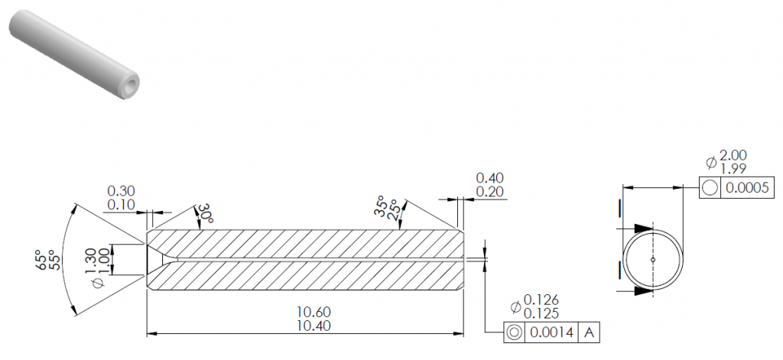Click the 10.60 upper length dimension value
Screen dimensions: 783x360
pos(314,312)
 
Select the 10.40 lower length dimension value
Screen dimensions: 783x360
pos(314,326)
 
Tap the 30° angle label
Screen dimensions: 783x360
pos(205,213)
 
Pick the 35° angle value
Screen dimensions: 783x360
pos(381,206)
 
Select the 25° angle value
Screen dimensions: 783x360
pos(394,209)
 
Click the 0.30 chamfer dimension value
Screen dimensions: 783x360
pos(121,191)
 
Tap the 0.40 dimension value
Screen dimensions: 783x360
pos(490,178)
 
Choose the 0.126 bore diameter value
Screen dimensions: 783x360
pos(541,300)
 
